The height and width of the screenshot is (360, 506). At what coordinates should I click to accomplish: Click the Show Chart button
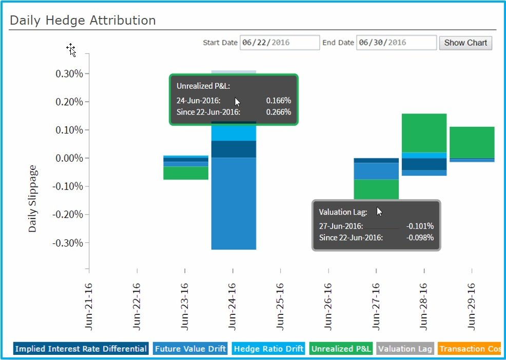click(465, 43)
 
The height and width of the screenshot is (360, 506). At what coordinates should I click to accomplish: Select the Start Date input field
click(280, 43)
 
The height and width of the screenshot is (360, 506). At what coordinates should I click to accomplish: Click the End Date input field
click(396, 43)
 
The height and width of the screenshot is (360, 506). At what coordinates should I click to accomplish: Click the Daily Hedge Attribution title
click(83, 21)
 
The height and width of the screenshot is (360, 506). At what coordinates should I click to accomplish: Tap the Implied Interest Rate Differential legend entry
click(81, 349)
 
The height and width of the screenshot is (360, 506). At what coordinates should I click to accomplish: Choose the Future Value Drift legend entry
click(190, 349)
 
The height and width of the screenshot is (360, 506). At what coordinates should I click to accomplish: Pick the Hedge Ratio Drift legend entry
click(268, 349)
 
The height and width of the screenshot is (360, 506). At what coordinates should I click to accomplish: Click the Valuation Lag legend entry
click(405, 349)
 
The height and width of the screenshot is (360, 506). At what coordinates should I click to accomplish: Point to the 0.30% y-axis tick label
click(69, 73)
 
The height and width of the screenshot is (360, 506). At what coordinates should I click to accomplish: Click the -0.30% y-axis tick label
click(67, 242)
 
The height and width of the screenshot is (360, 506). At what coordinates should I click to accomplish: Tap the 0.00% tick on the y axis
click(69, 158)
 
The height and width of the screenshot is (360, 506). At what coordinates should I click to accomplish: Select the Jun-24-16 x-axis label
click(232, 306)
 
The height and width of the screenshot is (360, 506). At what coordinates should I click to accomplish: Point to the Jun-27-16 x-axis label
click(376, 306)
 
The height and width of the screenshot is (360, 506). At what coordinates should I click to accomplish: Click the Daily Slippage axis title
click(33, 199)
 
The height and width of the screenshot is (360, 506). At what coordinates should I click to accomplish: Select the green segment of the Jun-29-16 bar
click(472, 142)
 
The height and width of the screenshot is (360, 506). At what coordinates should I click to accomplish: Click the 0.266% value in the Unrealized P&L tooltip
click(278, 112)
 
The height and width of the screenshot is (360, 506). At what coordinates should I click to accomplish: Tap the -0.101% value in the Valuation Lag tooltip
click(420, 226)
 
